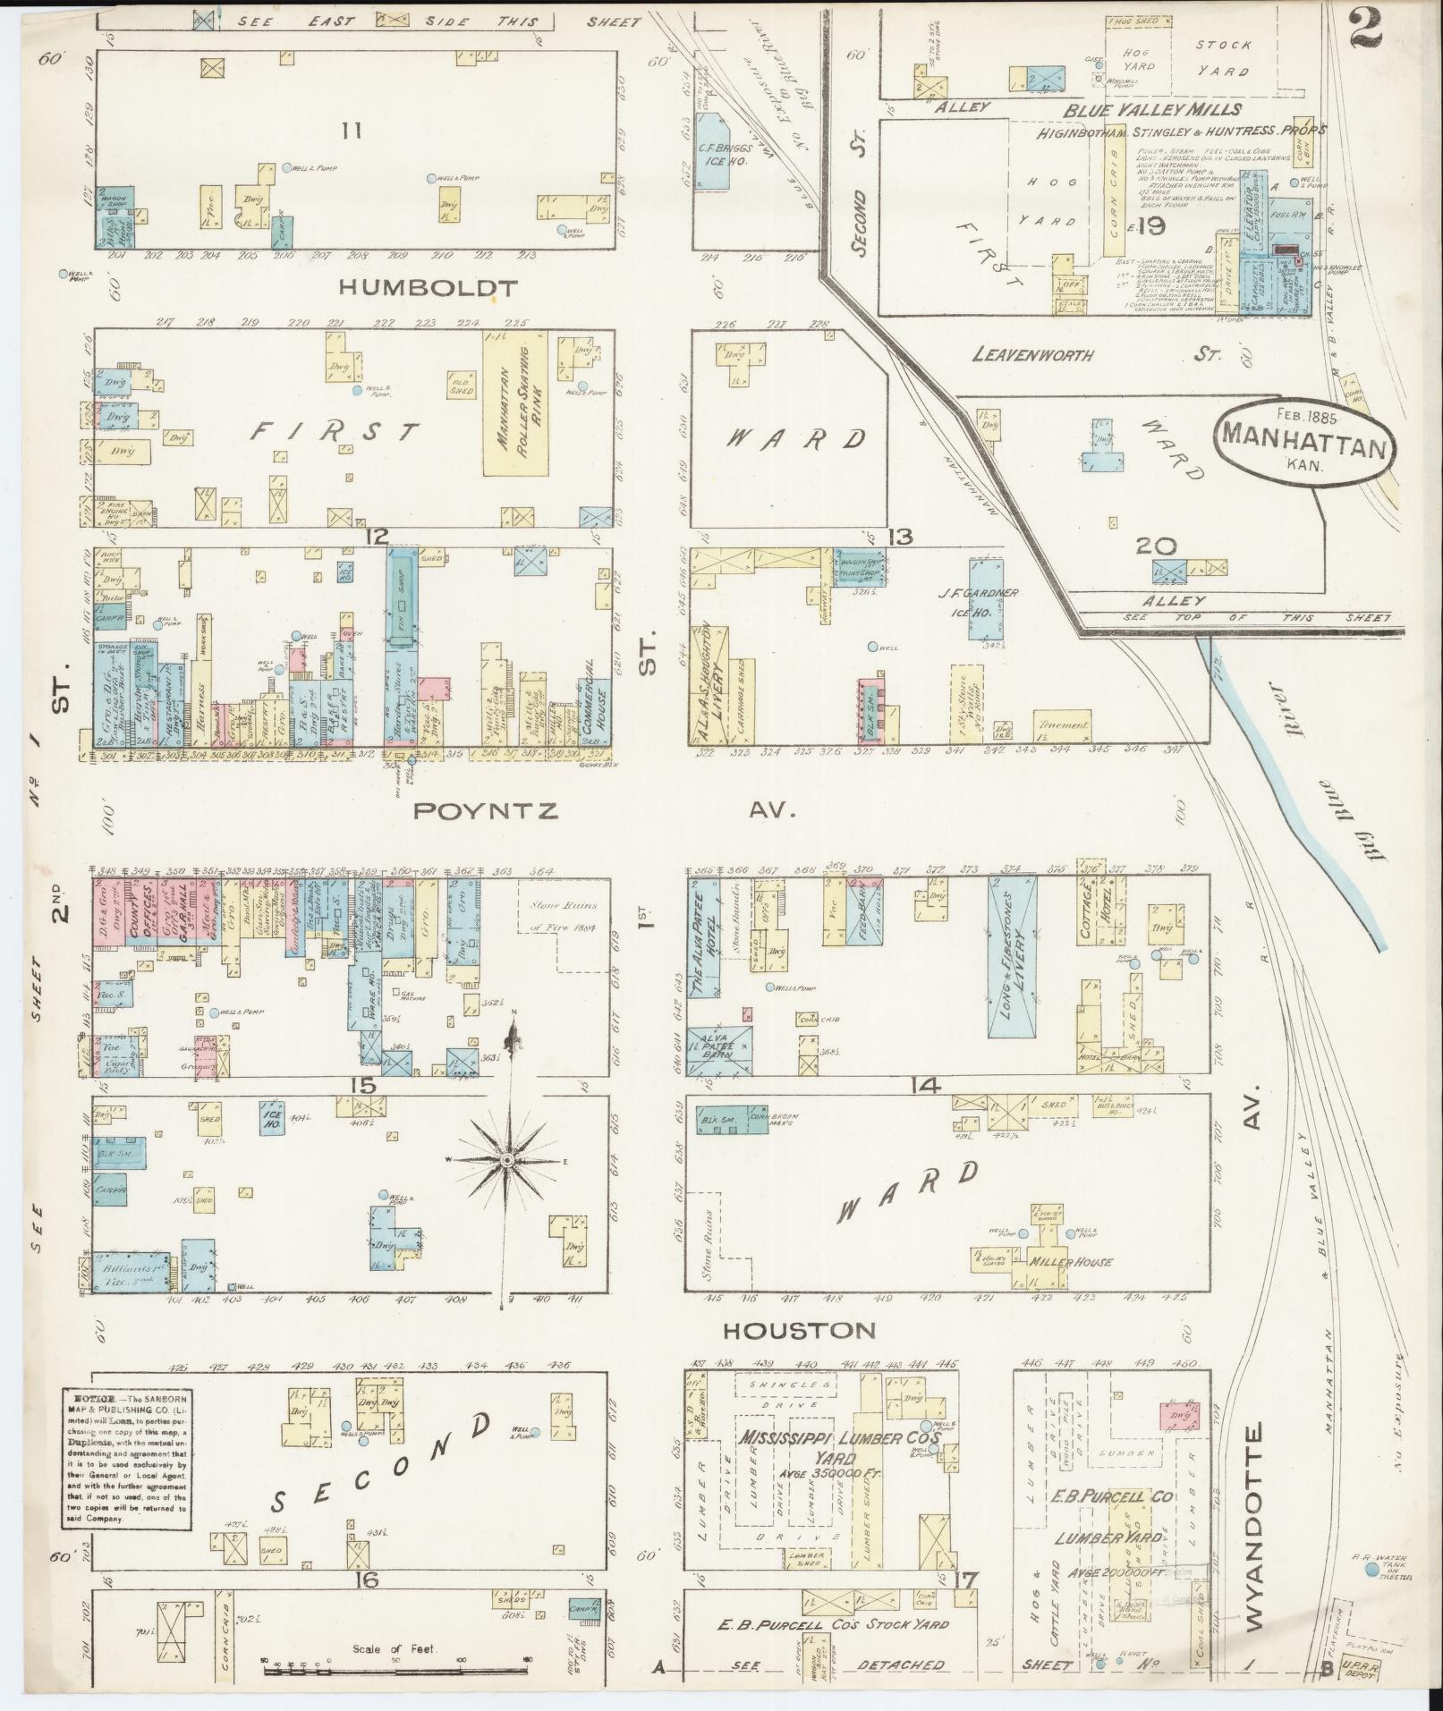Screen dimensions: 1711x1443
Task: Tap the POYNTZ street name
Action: click(x=486, y=810)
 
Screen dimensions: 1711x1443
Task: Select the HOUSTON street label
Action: click(x=799, y=1330)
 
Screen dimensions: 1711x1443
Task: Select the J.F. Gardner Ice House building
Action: click(x=983, y=598)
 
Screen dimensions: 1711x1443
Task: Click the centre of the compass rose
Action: click(x=506, y=1160)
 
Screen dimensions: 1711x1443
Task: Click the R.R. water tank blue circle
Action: click(x=1370, y=1569)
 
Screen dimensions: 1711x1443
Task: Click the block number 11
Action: click(x=351, y=131)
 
